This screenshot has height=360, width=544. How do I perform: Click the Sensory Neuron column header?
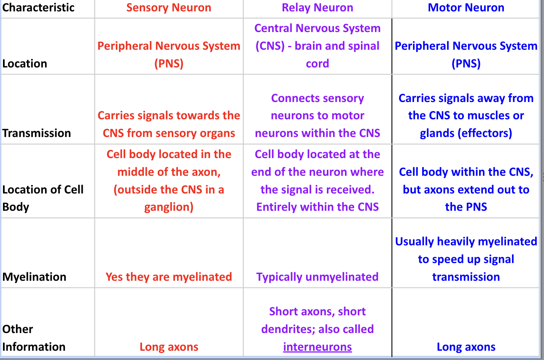click(x=169, y=8)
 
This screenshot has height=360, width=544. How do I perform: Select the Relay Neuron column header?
click(x=318, y=8)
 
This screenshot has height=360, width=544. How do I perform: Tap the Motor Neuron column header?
click(x=466, y=8)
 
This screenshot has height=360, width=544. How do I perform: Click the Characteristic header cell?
click(x=38, y=8)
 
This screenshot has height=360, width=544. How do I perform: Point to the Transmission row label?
click(x=36, y=133)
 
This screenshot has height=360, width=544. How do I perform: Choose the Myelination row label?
click(x=34, y=277)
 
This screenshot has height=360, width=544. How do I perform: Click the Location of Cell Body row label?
click(x=43, y=198)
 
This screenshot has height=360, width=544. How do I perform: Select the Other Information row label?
click(x=34, y=338)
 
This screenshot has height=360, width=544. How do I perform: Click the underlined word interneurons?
click(x=318, y=347)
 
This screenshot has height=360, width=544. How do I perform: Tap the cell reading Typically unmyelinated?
click(x=318, y=277)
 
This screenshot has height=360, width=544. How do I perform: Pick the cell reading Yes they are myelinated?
click(x=169, y=277)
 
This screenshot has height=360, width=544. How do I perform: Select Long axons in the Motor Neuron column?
click(x=466, y=347)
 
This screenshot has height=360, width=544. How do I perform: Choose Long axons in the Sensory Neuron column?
click(x=169, y=347)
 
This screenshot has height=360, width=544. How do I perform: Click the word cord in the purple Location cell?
click(x=318, y=64)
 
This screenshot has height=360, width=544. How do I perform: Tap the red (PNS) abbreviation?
click(x=169, y=64)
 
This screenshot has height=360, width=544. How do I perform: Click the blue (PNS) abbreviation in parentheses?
click(x=466, y=64)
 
